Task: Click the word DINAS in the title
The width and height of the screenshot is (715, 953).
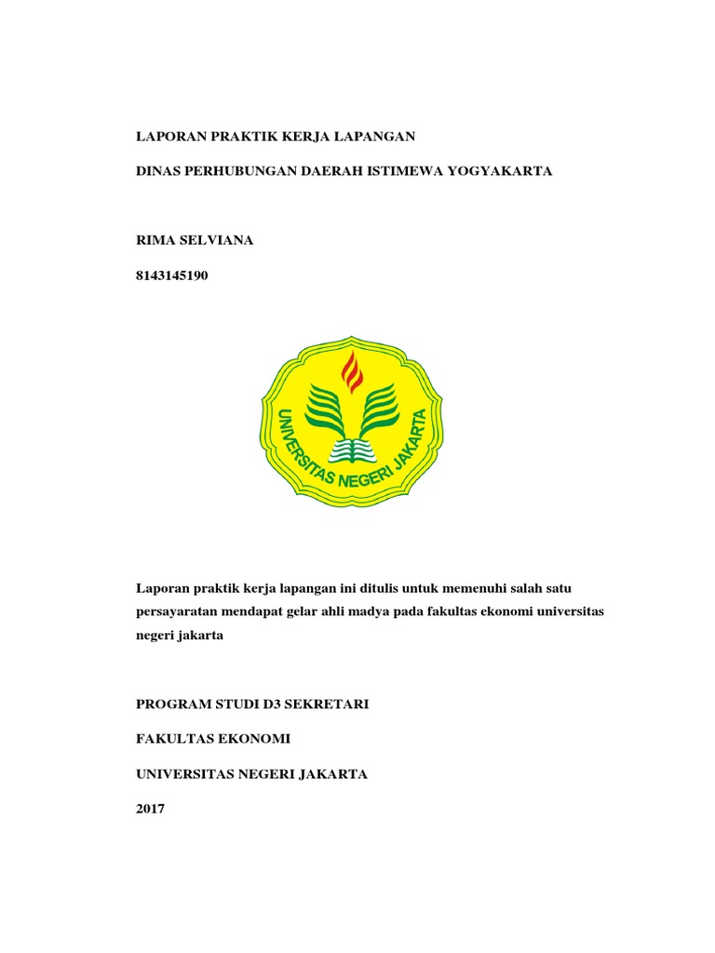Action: tap(158, 172)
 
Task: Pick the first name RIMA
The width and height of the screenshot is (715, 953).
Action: tap(155, 240)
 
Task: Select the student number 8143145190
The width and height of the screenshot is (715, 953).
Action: tap(172, 275)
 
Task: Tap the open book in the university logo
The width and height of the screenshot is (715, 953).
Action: tap(352, 450)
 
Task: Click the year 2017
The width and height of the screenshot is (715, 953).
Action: tap(150, 810)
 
